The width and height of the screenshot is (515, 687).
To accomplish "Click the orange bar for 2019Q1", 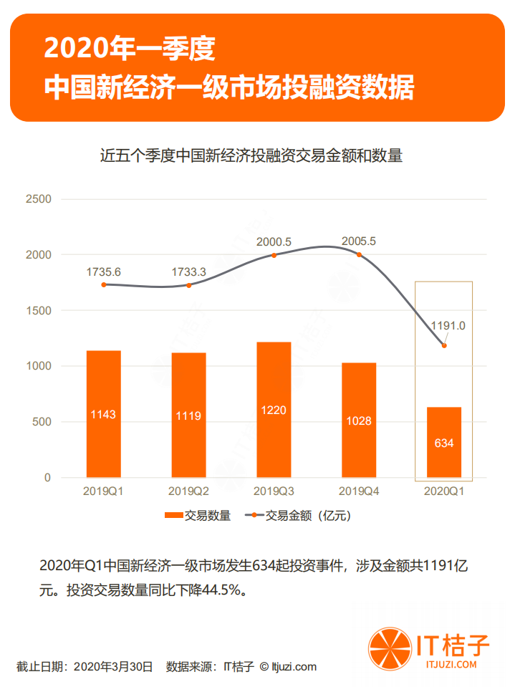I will pyautogui.click(x=103, y=413).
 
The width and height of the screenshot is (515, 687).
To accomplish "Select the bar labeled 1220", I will pyautogui.click(x=274, y=409).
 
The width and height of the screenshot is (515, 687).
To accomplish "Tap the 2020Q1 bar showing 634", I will pyautogui.click(x=444, y=442).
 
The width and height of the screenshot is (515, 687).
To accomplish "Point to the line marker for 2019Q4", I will pyautogui.click(x=359, y=255).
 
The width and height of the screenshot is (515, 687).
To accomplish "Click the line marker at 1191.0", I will pyautogui.click(x=444, y=345).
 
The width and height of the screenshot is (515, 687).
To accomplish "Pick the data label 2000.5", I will pyautogui.click(x=274, y=242).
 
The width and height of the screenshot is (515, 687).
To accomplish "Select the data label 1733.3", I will pyautogui.click(x=188, y=272).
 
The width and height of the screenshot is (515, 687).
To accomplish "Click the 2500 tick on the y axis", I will pyautogui.click(x=38, y=199).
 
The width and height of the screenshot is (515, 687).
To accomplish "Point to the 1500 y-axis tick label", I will pyautogui.click(x=38, y=310).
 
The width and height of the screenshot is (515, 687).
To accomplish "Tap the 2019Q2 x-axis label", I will pyautogui.click(x=188, y=491).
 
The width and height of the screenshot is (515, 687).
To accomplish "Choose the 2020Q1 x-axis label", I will pyautogui.click(x=444, y=491).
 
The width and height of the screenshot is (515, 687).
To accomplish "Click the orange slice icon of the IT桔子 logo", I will pyautogui.click(x=387, y=647).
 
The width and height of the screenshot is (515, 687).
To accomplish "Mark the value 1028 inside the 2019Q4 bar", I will pyautogui.click(x=359, y=421).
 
